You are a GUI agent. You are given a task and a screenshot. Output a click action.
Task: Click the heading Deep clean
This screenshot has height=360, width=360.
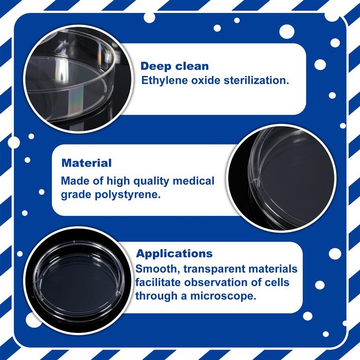point(174,66)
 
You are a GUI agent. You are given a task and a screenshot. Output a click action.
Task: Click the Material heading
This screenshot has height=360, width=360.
point(87,163)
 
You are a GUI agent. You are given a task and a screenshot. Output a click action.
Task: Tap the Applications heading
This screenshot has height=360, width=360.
point(174,254)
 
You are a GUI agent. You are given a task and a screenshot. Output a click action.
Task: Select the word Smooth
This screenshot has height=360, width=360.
point(154,269)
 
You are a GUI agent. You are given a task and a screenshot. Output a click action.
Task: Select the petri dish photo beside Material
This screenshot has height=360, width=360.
point(282,178)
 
